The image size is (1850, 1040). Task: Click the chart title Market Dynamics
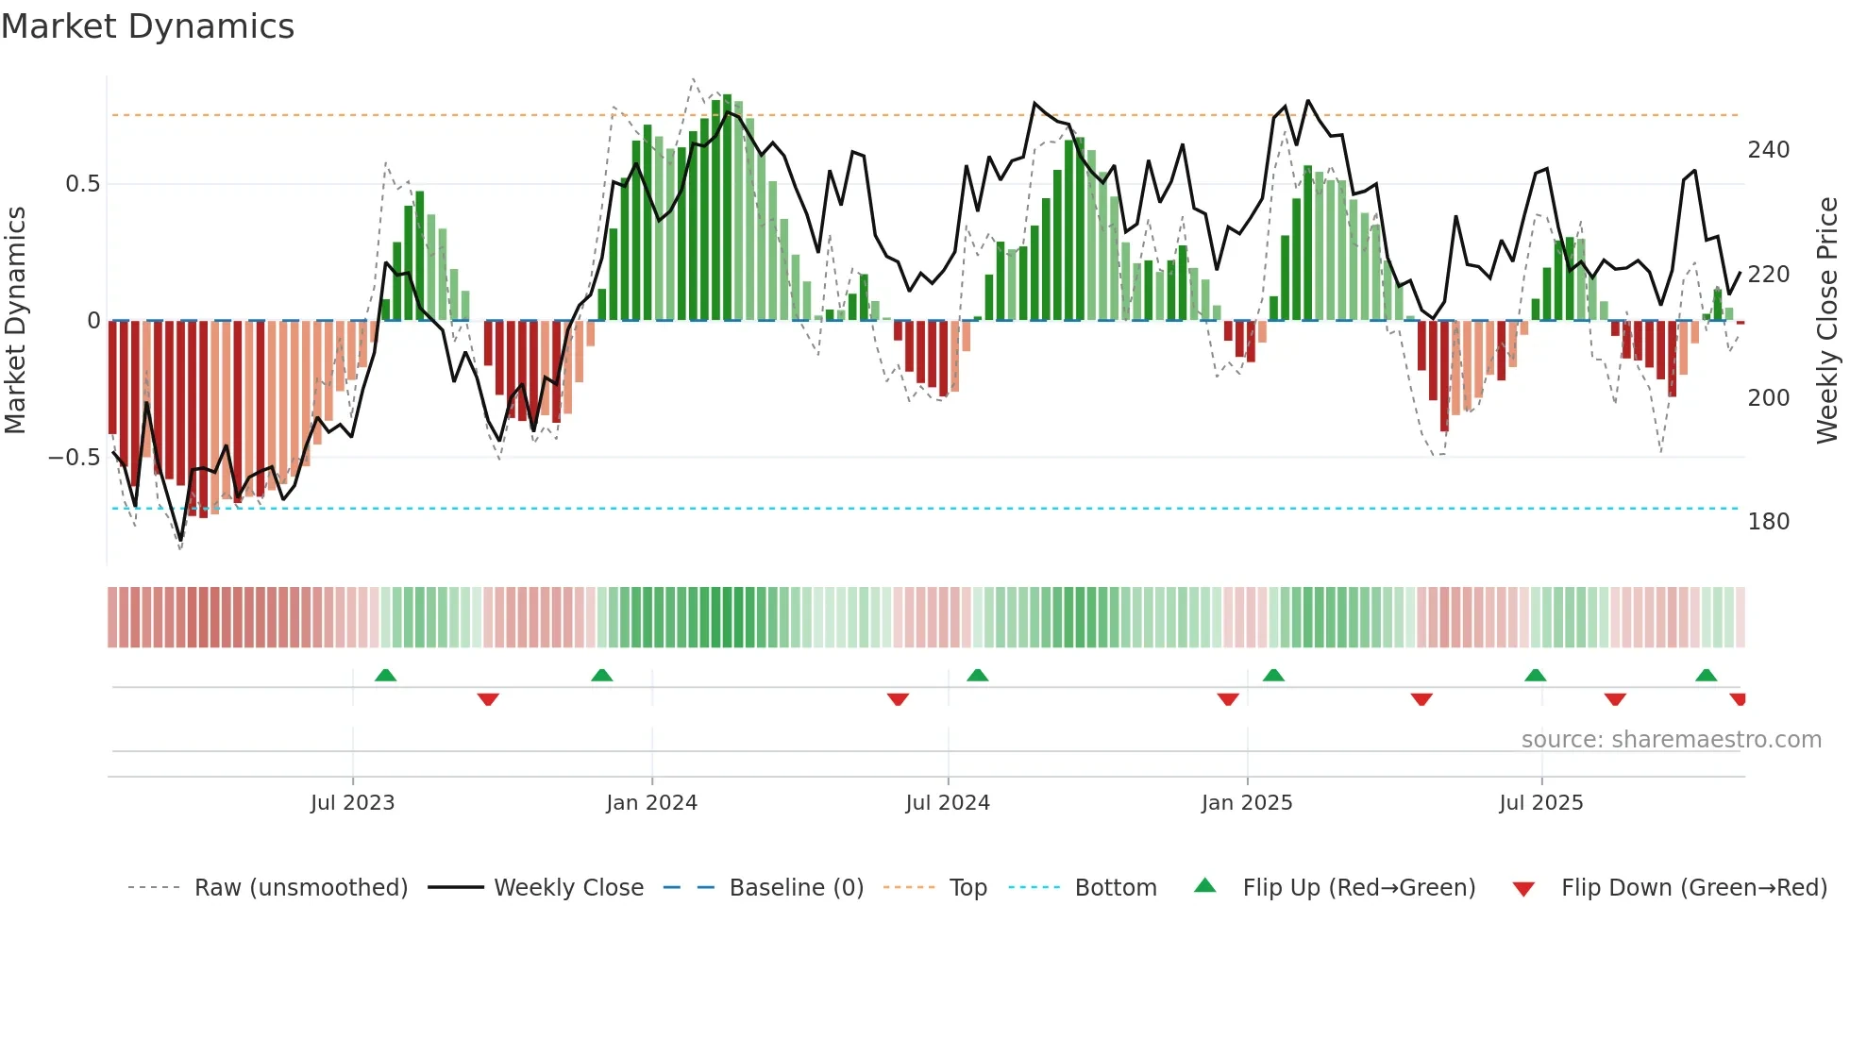pos(148,26)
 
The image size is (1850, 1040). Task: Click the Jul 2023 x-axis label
pos(352,803)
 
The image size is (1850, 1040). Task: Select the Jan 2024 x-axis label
pos(651,803)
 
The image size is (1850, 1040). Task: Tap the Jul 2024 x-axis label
pos(948,803)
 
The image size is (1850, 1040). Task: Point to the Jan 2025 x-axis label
pos(1247,803)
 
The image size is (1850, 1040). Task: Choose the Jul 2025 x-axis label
pos(1541,803)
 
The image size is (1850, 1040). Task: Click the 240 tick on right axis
pos(1768,150)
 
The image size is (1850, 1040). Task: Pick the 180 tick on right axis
pos(1768,522)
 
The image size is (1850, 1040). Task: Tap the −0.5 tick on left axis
pos(75,458)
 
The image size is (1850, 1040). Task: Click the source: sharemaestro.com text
pos(1671,740)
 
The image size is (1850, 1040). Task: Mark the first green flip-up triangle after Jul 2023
pos(385,676)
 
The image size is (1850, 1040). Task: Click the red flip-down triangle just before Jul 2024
pos(898,699)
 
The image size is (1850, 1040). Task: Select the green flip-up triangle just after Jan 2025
pos(1273,676)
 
